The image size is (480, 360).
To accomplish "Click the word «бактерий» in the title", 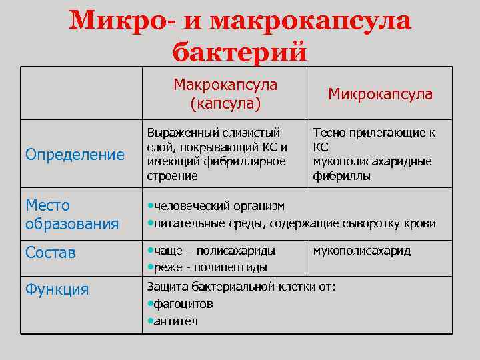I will click(240, 51).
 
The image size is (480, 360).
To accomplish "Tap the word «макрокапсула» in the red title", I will click(310, 21).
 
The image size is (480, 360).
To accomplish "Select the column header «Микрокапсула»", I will click(380, 95).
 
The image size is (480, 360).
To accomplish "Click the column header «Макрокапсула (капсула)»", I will click(225, 94).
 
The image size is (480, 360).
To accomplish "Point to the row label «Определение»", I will click(75, 155).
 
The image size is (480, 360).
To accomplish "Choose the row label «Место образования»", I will click(72, 215).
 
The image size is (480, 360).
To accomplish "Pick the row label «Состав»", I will click(51, 253).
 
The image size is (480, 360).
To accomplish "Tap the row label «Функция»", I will click(57, 289).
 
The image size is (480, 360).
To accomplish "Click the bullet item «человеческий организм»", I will click(218, 206).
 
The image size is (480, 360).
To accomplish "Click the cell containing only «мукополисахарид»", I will click(361, 251).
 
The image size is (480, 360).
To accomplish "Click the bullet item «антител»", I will click(175, 321).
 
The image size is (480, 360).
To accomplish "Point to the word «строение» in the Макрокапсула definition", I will click(172, 177).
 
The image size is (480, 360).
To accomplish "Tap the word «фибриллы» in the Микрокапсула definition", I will click(341, 177).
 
